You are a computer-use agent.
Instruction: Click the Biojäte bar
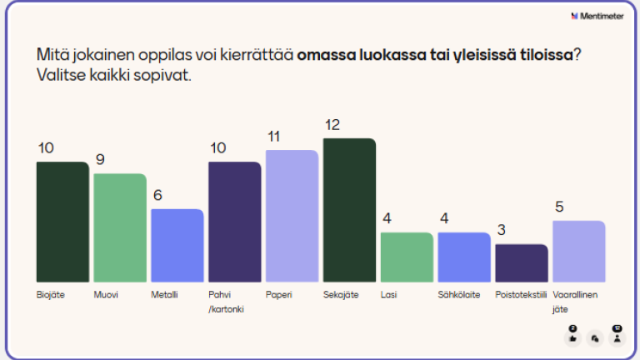pos(62,222)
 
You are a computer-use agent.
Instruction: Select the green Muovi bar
pos(120,227)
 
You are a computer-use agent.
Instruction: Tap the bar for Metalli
pos(177,245)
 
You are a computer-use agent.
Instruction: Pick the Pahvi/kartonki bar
pos(234,222)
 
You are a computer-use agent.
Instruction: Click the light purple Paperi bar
pos(292,216)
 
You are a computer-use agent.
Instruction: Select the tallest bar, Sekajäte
pos(349,210)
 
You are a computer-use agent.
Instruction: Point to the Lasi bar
pos(407,257)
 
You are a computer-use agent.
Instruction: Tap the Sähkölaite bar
pos(464,257)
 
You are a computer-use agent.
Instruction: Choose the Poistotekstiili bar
pos(522,262)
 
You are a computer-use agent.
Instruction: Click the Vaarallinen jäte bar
pos(578,251)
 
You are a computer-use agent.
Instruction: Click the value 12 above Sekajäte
pos(332,125)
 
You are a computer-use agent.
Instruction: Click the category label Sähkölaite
pos(459,294)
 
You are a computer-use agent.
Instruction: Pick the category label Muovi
pos(105,294)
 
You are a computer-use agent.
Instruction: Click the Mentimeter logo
pos(597,16)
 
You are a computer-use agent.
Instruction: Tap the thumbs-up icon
pos(572,338)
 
